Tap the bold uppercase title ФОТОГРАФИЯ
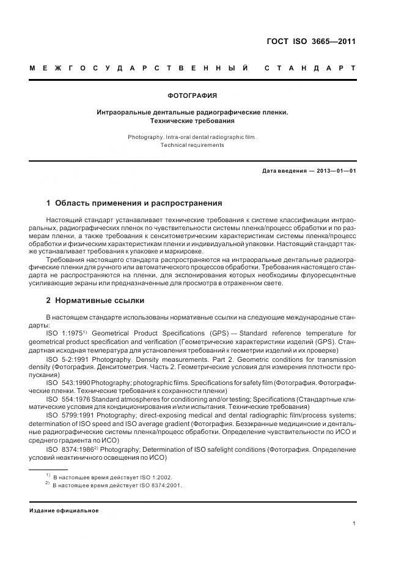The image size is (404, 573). pos(192,96)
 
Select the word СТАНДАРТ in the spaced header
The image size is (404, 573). pos(310,68)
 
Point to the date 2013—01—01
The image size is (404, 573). pos(335,171)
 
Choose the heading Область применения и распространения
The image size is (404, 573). pos(134,203)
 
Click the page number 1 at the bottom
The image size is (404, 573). pos(354,523)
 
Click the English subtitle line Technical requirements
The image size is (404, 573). pos(192,146)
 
